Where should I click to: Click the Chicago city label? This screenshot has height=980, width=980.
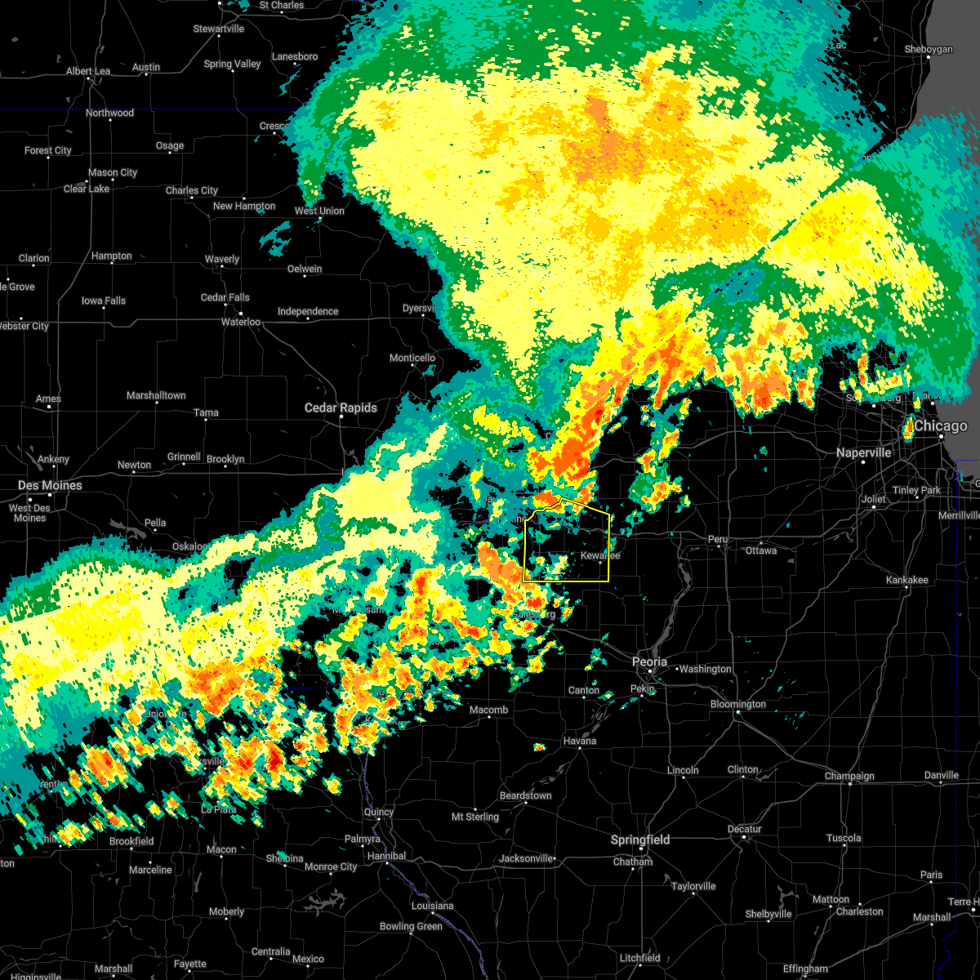click(x=941, y=426)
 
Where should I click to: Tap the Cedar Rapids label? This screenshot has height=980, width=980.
click(x=341, y=408)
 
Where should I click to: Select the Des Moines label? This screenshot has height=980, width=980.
click(x=50, y=485)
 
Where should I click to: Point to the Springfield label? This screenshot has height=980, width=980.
click(x=640, y=840)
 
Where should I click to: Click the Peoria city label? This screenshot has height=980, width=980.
click(x=649, y=661)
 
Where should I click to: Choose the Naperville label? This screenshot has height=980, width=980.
click(x=864, y=452)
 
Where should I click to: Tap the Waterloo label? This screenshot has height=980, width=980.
click(x=241, y=322)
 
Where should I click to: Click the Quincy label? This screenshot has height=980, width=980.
click(x=379, y=812)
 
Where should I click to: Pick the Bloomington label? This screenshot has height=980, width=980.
click(x=738, y=704)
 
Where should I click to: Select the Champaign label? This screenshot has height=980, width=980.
click(x=849, y=776)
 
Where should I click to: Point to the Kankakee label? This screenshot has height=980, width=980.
click(x=906, y=580)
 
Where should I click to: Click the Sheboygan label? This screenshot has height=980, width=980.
click(x=929, y=49)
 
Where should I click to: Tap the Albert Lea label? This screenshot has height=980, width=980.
click(x=87, y=71)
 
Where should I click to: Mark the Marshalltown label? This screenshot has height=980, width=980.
click(x=156, y=395)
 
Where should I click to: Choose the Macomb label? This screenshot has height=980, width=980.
click(x=488, y=710)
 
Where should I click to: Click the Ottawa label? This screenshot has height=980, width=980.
click(x=761, y=550)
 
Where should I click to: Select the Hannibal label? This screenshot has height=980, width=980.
click(x=386, y=856)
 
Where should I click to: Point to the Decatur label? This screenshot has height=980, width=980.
click(x=744, y=829)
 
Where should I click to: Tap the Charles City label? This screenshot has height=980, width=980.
click(x=192, y=190)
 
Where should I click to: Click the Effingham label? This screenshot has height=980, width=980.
click(x=805, y=969)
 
